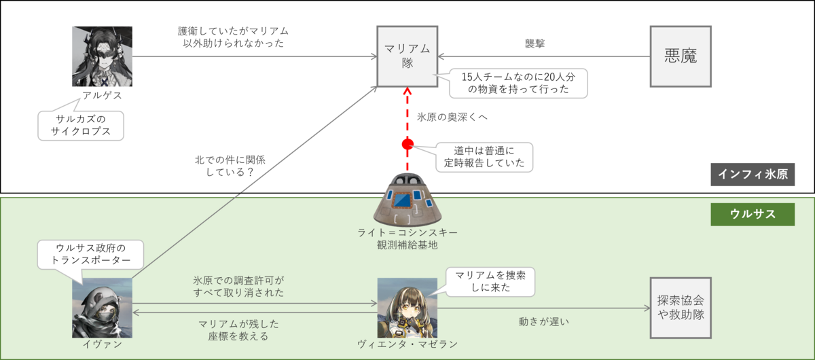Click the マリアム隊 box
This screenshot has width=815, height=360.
tap(407, 56)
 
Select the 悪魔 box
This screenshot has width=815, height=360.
tap(681, 56)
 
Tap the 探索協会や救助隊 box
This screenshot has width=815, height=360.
tap(681, 308)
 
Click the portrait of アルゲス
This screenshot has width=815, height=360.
tap(102, 56)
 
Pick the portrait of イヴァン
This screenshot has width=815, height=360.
tap(102, 308)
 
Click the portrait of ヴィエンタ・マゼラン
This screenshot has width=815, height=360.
tap(407, 308)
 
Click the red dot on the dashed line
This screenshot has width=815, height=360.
tap(407, 144)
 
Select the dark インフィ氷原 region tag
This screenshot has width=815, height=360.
tap(753, 175)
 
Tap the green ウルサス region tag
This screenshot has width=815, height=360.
tap(753, 214)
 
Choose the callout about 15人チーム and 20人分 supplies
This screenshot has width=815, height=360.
tap(518, 84)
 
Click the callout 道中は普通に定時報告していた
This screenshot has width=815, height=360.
tap(483, 157)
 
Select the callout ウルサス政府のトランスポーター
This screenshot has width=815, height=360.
tap(91, 253)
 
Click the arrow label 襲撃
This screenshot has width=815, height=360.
tap(535, 43)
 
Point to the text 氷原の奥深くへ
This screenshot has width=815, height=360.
tap(452, 117)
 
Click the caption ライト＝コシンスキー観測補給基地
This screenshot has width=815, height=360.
tap(407, 238)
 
